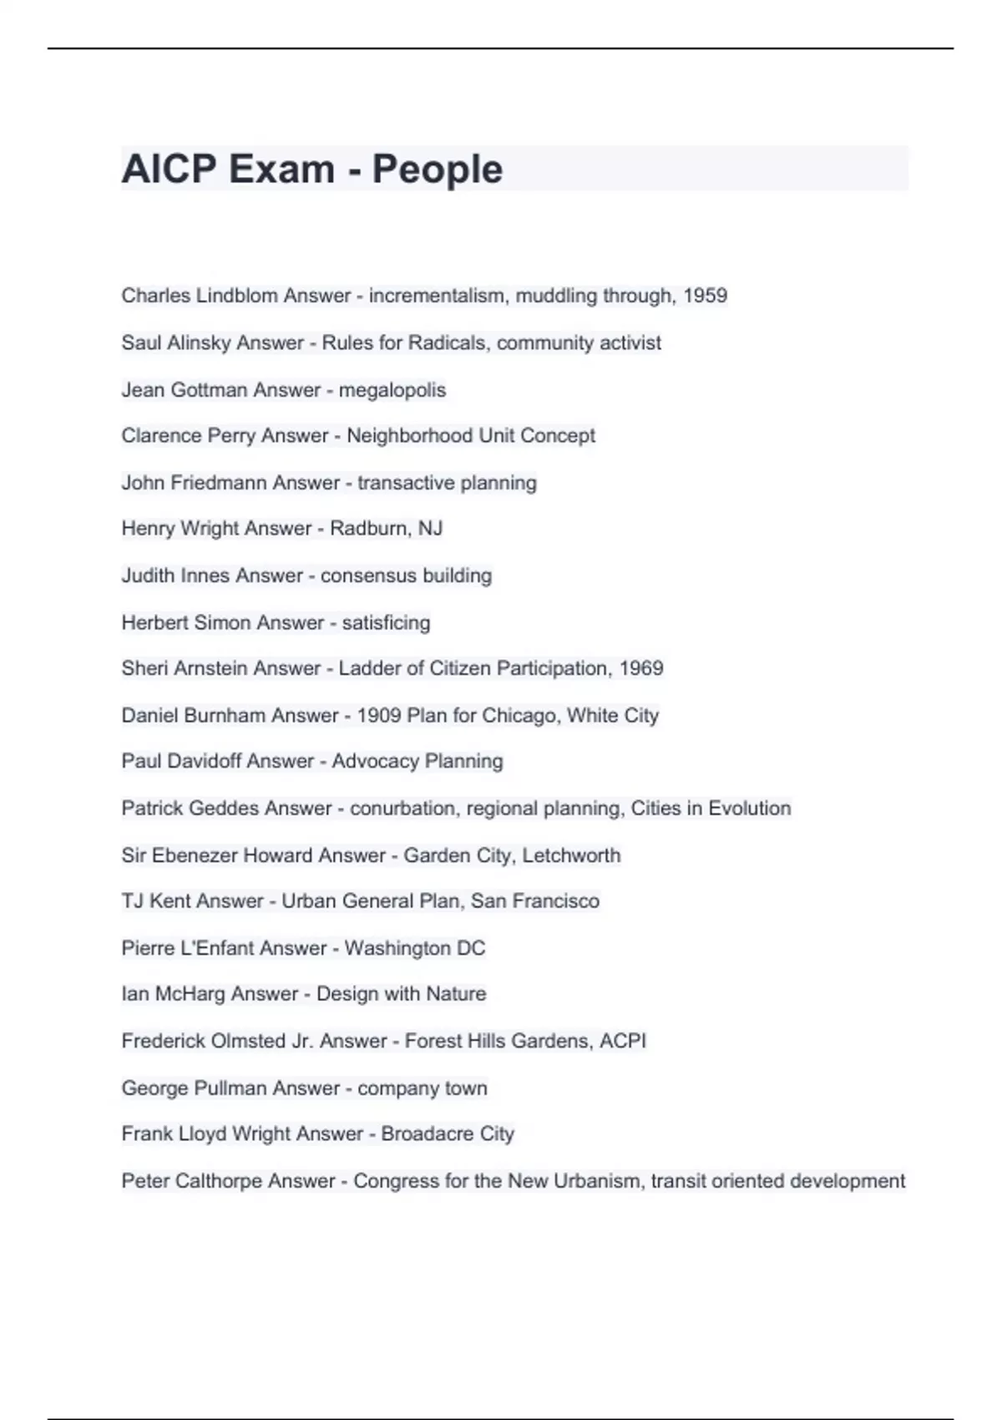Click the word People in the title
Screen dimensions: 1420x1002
(x=437, y=170)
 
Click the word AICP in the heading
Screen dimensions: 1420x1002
(x=169, y=170)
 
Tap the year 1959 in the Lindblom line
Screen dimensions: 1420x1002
(x=705, y=296)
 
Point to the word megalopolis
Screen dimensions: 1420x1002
(x=392, y=390)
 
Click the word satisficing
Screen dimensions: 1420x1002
(x=386, y=622)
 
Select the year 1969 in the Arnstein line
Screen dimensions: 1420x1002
(x=641, y=668)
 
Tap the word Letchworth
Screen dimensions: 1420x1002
(x=571, y=855)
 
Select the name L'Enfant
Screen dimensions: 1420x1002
(x=225, y=948)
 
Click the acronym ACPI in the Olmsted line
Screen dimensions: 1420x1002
(x=623, y=1041)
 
